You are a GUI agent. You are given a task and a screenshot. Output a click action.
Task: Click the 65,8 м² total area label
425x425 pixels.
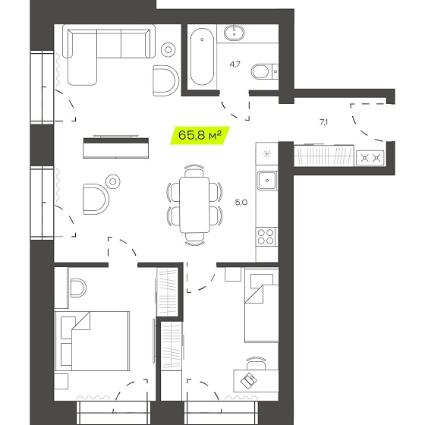tap(200, 135)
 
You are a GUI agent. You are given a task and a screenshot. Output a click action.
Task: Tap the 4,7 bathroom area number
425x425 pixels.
tap(235, 65)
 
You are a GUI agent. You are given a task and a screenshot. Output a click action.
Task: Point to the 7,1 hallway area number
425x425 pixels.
tap(323, 122)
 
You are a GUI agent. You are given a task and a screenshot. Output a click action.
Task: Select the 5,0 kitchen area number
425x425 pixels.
tap(241, 202)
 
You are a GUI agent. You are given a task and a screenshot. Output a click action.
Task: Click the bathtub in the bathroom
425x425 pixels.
tap(202, 57)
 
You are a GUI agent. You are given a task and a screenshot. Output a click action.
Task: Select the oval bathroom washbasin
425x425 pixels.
tap(235, 33)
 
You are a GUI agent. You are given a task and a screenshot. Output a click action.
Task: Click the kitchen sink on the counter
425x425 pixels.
tap(267, 181)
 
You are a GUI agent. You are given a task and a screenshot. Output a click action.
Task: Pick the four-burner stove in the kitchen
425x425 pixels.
tap(266, 236)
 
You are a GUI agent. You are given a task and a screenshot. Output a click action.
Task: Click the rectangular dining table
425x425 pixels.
tap(194, 205)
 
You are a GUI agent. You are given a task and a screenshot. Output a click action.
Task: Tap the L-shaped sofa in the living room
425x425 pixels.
tap(109, 54)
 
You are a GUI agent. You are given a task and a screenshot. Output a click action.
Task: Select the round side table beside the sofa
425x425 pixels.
tap(168, 50)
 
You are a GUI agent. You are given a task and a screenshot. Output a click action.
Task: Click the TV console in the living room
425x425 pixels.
tap(116, 148)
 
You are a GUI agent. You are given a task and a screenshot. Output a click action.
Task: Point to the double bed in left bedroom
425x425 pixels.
tap(92, 341)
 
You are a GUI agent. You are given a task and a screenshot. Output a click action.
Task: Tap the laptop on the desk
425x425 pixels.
tap(249, 379)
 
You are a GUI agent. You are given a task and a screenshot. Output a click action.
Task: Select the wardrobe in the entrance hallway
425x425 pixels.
tap(324, 155)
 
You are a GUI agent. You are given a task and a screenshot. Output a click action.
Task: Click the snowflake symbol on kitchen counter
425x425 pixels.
tap(267, 154)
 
